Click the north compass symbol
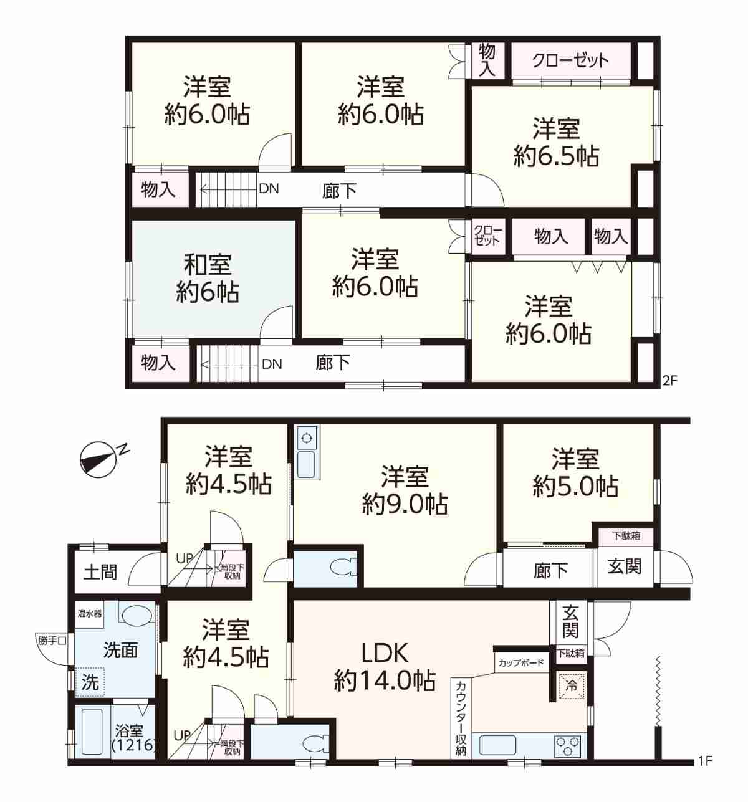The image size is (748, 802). (x=98, y=459)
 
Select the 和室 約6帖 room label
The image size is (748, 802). (x=208, y=278)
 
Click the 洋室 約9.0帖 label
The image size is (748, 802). (x=405, y=490)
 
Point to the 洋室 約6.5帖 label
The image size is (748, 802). (x=555, y=141)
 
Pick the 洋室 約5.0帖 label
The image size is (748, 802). (x=575, y=472)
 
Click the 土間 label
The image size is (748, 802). (x=100, y=572)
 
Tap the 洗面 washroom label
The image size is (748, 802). (x=120, y=650)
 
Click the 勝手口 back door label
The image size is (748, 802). (x=51, y=641)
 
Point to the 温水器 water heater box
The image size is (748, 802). (x=90, y=614)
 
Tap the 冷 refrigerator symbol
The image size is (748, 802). (x=571, y=685)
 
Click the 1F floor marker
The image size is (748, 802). (x=705, y=761)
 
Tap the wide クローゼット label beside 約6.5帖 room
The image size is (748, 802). (x=570, y=60)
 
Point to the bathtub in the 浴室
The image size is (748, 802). (x=92, y=732)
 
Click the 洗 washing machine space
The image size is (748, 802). (x=90, y=682)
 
